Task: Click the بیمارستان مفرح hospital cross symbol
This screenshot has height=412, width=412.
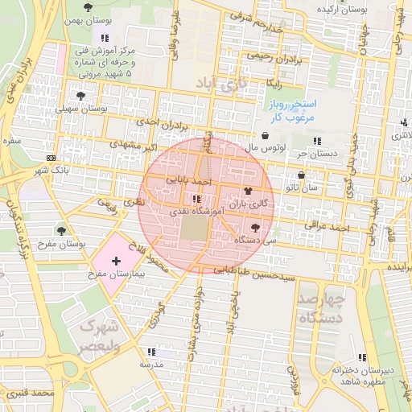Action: (116, 261)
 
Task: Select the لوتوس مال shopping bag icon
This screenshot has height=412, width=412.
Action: (266, 135)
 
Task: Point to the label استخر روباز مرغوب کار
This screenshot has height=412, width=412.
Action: (294, 111)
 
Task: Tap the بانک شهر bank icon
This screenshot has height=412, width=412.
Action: (51, 158)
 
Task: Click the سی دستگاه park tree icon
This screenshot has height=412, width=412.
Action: (256, 228)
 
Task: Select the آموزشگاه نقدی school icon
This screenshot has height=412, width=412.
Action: (196, 199)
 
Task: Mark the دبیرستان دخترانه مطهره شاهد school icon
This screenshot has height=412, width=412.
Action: (362, 357)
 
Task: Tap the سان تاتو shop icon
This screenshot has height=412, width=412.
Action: (302, 175)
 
